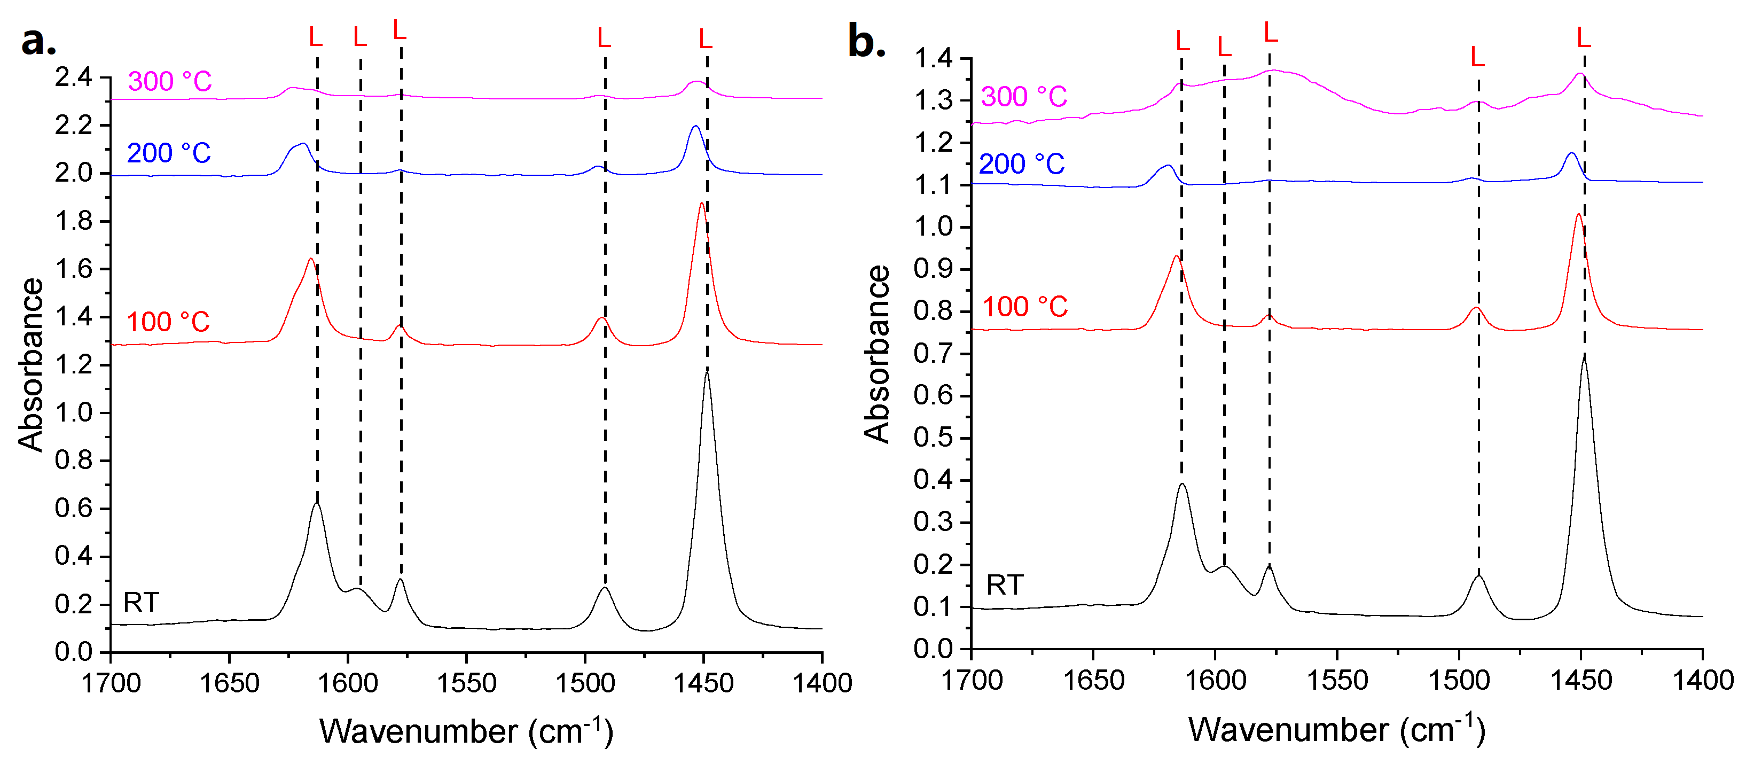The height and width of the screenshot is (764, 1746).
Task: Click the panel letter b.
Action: click(866, 42)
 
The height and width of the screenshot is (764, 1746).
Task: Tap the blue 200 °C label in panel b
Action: click(1021, 164)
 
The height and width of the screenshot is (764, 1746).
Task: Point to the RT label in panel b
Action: click(1005, 585)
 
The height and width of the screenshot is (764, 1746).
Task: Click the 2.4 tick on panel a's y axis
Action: click(73, 77)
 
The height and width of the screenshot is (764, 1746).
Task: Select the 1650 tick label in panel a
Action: click(229, 683)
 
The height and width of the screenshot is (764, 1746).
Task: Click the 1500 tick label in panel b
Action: click(1459, 680)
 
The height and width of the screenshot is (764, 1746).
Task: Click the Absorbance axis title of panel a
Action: click(30, 365)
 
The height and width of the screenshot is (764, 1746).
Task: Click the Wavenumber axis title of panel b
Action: click(1337, 729)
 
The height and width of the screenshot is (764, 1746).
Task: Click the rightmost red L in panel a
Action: click(706, 40)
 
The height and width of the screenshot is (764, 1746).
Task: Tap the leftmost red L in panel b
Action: click(1182, 41)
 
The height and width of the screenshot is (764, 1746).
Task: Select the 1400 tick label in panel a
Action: click(822, 683)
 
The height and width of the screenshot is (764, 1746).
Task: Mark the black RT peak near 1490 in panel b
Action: click(1478, 576)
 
